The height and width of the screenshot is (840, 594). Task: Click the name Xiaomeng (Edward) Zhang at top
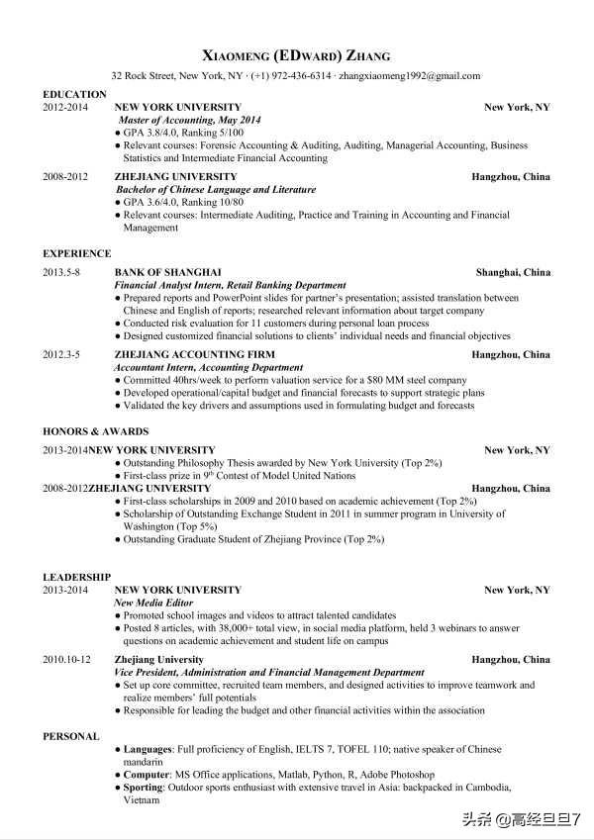296,55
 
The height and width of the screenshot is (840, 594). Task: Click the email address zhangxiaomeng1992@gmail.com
410,75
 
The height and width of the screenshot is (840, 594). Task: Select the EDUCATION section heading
74,94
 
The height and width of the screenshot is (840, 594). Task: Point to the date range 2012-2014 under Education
65,107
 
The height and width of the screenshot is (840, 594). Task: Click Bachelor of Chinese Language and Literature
216,190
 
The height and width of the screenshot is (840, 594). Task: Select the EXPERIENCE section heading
76,254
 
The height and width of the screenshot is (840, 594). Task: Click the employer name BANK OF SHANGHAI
168,272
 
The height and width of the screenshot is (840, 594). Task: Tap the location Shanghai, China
513,272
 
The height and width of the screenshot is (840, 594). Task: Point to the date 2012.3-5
61,354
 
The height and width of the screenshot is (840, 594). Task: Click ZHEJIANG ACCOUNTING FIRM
194,354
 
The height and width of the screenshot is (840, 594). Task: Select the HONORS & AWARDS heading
95,432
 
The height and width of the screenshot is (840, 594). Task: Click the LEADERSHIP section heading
76,577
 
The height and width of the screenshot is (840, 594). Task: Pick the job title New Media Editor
154,603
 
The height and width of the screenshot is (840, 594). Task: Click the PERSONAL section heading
70,737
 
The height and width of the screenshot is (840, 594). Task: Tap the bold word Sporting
145,788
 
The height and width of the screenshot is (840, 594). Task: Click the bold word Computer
147,775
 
